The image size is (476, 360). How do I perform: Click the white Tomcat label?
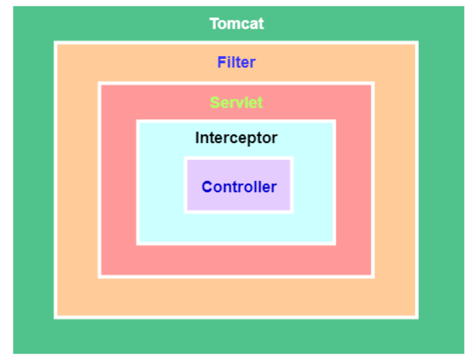click(x=237, y=24)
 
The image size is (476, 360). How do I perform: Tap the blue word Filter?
click(x=236, y=62)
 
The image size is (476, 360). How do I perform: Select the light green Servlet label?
click(x=236, y=102)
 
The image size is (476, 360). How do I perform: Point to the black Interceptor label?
click(x=236, y=138)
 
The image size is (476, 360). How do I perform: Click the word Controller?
click(x=239, y=187)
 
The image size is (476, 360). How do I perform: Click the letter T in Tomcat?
click(x=213, y=24)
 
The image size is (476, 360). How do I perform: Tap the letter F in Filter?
click(x=221, y=62)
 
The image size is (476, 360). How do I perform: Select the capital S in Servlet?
click(x=214, y=102)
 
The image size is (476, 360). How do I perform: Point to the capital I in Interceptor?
click(x=197, y=138)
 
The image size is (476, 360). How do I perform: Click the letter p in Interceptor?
click(x=253, y=139)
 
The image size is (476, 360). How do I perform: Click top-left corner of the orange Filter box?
click(x=55, y=43)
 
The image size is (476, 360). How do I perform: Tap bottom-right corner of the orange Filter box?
click(x=418, y=317)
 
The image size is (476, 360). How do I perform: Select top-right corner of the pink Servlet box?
click(x=372, y=84)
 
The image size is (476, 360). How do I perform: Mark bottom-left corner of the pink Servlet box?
click(x=100, y=276)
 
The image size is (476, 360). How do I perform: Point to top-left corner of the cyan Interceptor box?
click(x=138, y=121)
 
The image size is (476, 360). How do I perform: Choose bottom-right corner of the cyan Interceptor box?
click(x=334, y=244)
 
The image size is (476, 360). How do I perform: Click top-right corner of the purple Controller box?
click(x=291, y=159)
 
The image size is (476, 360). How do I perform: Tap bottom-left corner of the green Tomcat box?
click(x=13, y=353)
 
